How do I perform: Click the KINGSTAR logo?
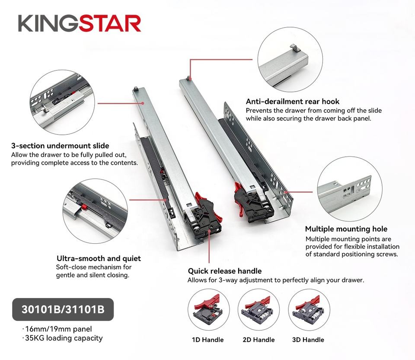point(79,23)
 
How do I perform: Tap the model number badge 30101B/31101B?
point(63,309)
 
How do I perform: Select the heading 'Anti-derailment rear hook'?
point(293,102)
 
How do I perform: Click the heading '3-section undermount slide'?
point(60,146)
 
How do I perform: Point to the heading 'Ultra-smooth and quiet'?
point(99,258)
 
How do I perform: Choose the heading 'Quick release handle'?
point(225,271)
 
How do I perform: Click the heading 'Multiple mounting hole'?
point(346,229)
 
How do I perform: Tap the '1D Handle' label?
point(208,340)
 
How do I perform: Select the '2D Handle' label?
point(259,340)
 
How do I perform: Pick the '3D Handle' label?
point(308,340)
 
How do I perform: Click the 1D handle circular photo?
point(208,310)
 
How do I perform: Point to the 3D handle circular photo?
point(309,310)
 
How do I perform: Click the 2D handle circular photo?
point(259,310)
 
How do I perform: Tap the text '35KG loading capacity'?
point(64,338)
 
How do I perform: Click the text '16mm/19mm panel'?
point(58,329)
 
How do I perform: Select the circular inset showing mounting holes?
point(350,189)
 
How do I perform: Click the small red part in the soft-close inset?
point(84,206)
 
